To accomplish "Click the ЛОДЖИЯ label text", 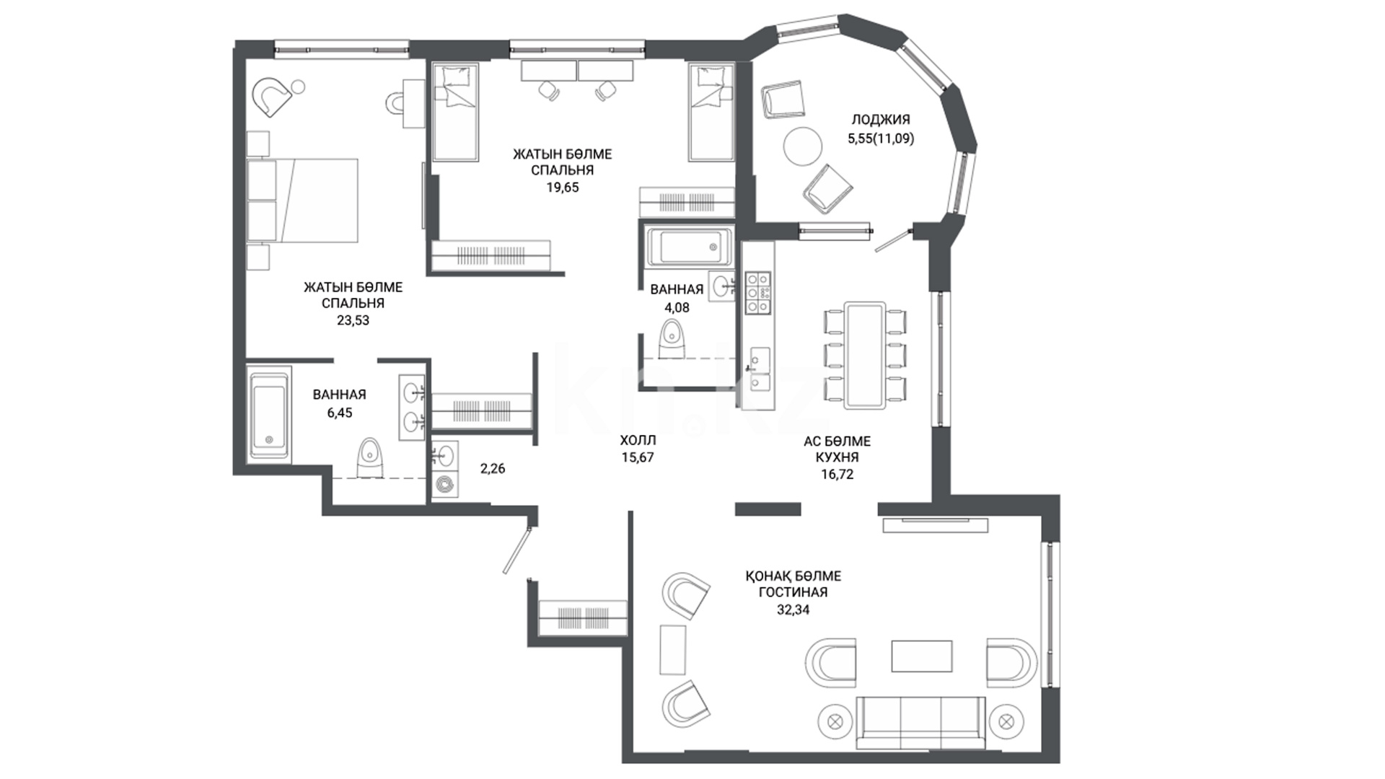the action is click(x=881, y=120).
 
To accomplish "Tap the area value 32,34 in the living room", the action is click(x=788, y=609).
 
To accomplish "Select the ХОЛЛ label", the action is click(x=638, y=440).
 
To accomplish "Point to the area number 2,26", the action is click(x=493, y=469).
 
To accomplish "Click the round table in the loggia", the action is click(x=803, y=146).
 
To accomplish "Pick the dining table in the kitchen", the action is click(x=866, y=355).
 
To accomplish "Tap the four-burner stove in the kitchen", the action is click(x=757, y=292).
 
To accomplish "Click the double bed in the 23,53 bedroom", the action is click(x=303, y=200).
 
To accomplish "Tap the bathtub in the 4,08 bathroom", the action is click(x=690, y=247).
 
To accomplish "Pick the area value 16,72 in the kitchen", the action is click(x=837, y=475).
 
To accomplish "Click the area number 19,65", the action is click(x=563, y=188).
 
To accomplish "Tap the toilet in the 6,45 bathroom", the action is click(x=370, y=457).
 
